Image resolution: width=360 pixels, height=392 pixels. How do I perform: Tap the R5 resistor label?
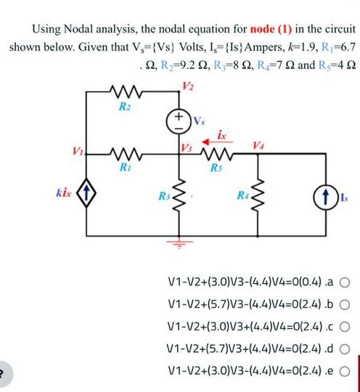pyautogui.click(x=214, y=167)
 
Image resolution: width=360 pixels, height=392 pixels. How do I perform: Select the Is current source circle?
pyautogui.click(x=319, y=196)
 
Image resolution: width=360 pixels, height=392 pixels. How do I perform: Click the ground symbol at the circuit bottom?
pyautogui.click(x=176, y=248)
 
